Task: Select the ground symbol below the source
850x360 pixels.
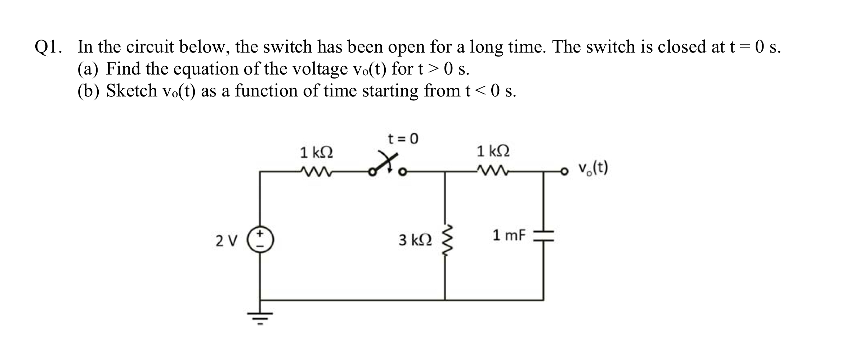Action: click(x=260, y=317)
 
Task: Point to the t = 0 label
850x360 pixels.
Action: click(x=403, y=139)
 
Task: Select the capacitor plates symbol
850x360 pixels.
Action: click(x=543, y=236)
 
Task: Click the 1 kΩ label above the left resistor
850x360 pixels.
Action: click(x=316, y=153)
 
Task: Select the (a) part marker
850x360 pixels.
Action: click(x=88, y=69)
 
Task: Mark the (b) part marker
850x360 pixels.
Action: click(x=88, y=91)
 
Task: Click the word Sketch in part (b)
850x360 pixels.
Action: click(x=132, y=90)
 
